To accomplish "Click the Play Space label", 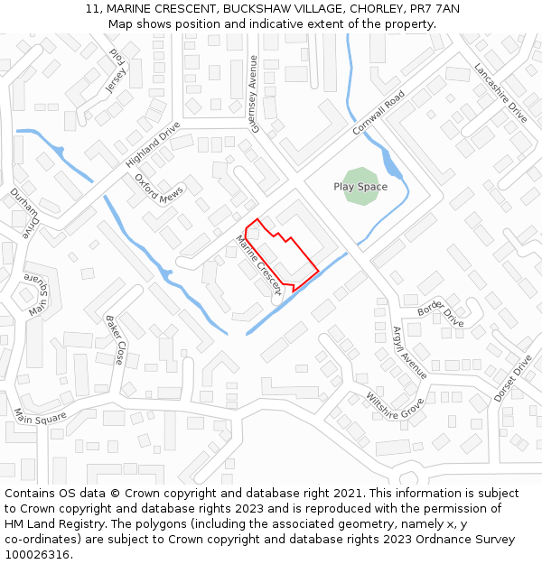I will [x=360, y=187].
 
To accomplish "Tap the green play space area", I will [x=361, y=175].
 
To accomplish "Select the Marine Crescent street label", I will [x=260, y=265].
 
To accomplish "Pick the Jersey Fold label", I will [x=116, y=71].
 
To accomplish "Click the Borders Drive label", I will [x=440, y=315].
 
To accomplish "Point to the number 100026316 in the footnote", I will [x=37, y=554].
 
